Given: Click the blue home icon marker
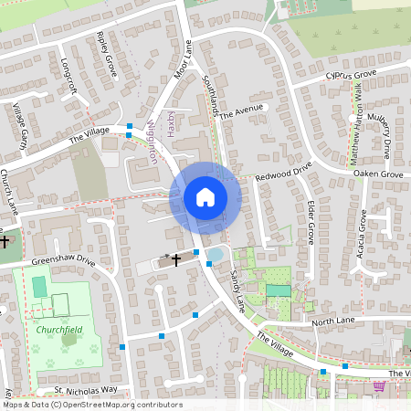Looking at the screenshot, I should pyautogui.click(x=205, y=197).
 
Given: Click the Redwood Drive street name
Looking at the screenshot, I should pyautogui.click(x=283, y=171).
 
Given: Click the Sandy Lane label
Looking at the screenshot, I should pyautogui.click(x=237, y=288).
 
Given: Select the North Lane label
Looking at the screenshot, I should pyautogui.click(x=332, y=322).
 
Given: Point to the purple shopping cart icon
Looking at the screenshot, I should pyautogui.click(x=379, y=387).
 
